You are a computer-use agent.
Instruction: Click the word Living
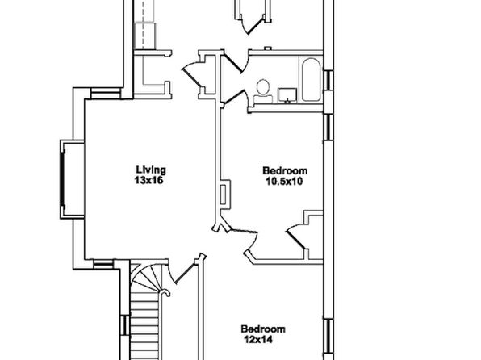[151, 170]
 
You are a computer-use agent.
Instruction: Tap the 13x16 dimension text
[148, 181]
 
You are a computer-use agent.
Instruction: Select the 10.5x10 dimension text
[284, 182]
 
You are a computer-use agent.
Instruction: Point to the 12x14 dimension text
[258, 340]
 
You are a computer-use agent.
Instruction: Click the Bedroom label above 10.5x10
[285, 170]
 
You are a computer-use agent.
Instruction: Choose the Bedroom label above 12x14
[263, 329]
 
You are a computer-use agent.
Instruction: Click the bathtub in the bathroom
[311, 79]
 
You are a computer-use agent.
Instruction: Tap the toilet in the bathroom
[263, 91]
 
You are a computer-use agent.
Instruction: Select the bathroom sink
[287, 95]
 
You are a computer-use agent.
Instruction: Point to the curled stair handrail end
[165, 293]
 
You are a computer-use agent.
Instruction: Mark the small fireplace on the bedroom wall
[225, 195]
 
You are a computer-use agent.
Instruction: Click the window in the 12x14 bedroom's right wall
[328, 337]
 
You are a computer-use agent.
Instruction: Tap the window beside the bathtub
[328, 81]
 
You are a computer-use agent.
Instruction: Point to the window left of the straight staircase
[125, 325]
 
